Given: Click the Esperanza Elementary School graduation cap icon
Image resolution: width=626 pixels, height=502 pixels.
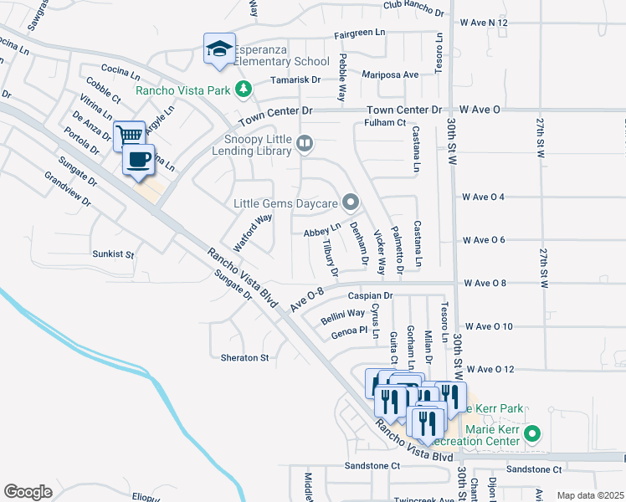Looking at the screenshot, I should click(x=219, y=49).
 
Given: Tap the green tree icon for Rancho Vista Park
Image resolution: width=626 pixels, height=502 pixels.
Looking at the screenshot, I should click(x=244, y=88).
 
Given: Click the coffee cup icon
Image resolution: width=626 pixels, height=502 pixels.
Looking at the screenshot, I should click(x=140, y=159).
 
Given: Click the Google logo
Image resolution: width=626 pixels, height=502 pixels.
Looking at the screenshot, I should click(x=28, y=492).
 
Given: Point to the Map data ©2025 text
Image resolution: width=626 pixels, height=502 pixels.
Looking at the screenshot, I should click(x=590, y=495).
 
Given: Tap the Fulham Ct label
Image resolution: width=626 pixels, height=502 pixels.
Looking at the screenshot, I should click(x=385, y=123).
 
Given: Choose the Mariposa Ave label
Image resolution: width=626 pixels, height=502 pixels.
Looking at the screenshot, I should click(x=390, y=74).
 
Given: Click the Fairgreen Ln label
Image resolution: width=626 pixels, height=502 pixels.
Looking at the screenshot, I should click(x=360, y=33).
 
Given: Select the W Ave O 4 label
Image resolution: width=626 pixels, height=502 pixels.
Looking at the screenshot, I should click(x=484, y=197).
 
